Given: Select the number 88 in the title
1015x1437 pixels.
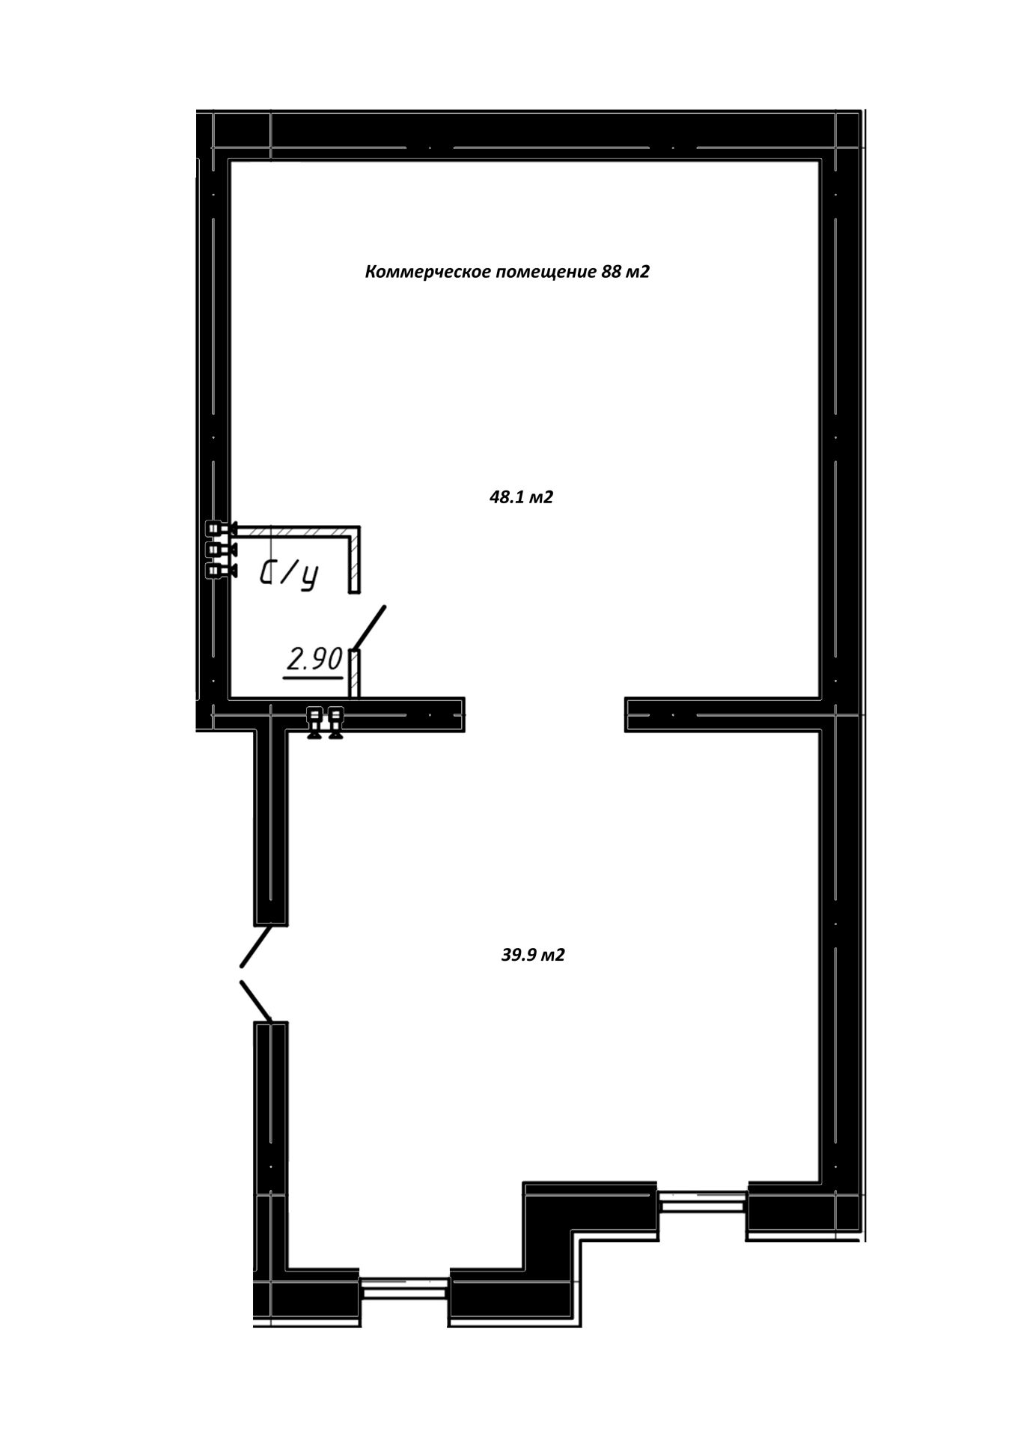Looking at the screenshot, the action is tap(611, 272).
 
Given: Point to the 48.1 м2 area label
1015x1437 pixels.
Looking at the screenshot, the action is tap(521, 497).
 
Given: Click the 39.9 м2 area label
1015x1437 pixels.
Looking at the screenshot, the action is tap(533, 956).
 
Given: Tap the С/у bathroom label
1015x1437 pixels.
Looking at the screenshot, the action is tap(289, 574).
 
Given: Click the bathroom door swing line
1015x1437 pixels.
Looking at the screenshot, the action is tap(370, 628).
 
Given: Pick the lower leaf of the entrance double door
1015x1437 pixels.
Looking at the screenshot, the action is tap(255, 1001).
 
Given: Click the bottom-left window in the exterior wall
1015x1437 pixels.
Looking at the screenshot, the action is tap(404, 1286).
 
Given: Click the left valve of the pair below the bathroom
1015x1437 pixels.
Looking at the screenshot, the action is tap(314, 723).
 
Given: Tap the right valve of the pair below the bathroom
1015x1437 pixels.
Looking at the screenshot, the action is tap(335, 723).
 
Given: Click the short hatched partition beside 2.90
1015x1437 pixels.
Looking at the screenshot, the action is tap(355, 673).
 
